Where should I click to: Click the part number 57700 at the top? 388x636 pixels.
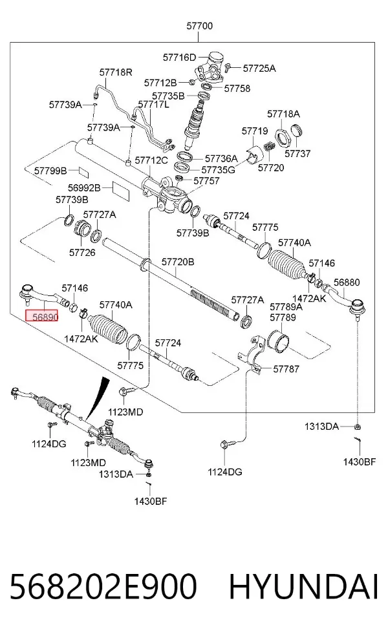(x=199, y=26)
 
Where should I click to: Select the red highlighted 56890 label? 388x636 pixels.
(x=42, y=316)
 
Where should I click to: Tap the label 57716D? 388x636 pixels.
(x=179, y=57)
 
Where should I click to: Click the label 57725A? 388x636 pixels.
(x=259, y=68)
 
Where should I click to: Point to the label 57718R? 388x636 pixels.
(x=116, y=72)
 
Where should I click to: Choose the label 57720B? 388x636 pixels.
(x=178, y=262)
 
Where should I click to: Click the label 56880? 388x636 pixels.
(x=347, y=282)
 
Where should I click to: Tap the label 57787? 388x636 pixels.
(x=286, y=368)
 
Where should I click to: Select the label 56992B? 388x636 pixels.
(x=84, y=188)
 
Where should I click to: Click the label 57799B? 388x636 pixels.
(x=50, y=171)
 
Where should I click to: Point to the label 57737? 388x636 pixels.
(x=297, y=153)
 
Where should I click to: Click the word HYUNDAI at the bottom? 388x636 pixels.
(x=303, y=586)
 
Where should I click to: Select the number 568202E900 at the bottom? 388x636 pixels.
(x=103, y=586)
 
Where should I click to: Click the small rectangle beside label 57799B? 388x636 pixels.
(x=83, y=171)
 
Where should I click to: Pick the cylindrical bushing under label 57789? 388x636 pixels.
(x=279, y=340)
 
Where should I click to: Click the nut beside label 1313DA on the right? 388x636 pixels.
(x=358, y=427)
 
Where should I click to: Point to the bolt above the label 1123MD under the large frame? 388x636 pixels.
(x=125, y=392)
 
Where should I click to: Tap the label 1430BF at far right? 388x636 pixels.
(x=360, y=461)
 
